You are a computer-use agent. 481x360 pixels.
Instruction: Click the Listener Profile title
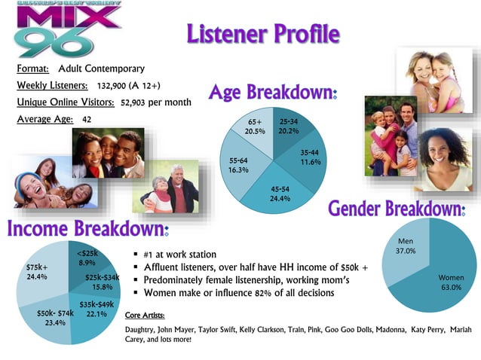[262, 34]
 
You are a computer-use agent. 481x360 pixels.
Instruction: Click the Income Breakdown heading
[88, 228]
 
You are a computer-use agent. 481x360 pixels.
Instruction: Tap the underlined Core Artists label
[145, 315]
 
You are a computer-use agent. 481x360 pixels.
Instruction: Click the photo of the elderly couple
[170, 187]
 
